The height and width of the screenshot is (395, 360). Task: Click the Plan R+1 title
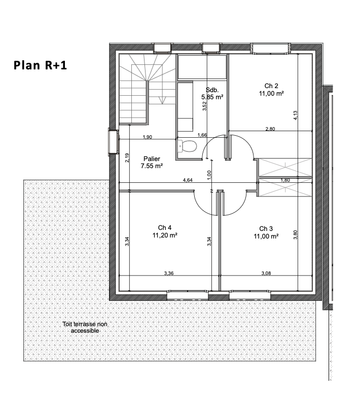pyautogui.click(x=40, y=65)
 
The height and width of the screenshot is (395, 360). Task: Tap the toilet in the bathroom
pyautogui.click(x=187, y=146)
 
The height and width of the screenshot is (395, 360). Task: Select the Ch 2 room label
pyautogui.click(x=271, y=86)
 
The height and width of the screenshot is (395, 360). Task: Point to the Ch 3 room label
pyautogui.click(x=266, y=228)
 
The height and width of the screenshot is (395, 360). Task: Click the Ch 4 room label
pyautogui.click(x=164, y=227)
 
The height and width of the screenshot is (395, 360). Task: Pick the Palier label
pyautogui.click(x=152, y=159)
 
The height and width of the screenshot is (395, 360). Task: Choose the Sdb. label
pyautogui.click(x=212, y=90)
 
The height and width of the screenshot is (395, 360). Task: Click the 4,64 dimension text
pyautogui.click(x=188, y=180)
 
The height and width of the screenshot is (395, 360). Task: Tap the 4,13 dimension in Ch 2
pyautogui.click(x=296, y=115)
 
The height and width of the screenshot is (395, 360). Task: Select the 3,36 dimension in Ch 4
pyautogui.click(x=169, y=273)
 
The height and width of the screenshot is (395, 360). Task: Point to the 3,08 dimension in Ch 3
pyautogui.click(x=266, y=273)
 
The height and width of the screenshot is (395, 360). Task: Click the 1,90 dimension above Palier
pyautogui.click(x=148, y=137)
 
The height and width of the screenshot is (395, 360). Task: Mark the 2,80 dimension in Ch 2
pyautogui.click(x=270, y=129)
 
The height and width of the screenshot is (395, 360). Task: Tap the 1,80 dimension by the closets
pyautogui.click(x=285, y=180)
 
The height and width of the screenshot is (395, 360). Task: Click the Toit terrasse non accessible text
pyautogui.click(x=85, y=327)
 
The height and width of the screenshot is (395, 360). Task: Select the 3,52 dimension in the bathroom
pyautogui.click(x=205, y=106)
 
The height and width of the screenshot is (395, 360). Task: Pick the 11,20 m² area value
pyautogui.click(x=165, y=235)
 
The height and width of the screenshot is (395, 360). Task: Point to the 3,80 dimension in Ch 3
pyautogui.click(x=296, y=235)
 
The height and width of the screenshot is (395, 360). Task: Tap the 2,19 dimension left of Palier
pyautogui.click(x=127, y=157)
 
